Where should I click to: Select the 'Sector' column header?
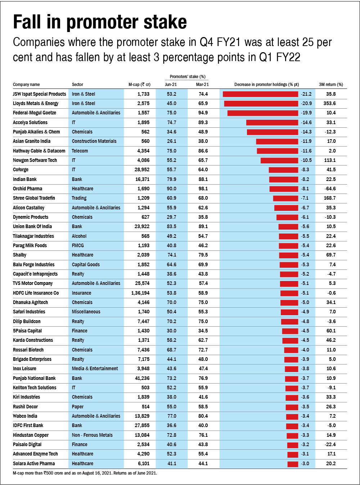coord(77,85)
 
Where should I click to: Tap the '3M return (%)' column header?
coord(331,85)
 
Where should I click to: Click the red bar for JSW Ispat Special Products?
coord(260,94)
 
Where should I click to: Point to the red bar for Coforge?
coord(283,170)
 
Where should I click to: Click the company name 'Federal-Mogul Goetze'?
coord(35,113)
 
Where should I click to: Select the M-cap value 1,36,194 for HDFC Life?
coord(140,293)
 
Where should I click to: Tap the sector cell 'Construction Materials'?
coord(94,141)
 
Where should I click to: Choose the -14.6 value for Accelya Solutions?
coord(306,122)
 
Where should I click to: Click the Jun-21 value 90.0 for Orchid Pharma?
coord(171,189)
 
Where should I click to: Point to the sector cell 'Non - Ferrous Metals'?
coord(92,435)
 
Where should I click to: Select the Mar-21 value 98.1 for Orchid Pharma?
coord(203,189)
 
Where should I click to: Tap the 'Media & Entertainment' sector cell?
coord(95,368)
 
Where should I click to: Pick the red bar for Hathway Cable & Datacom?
coord(278,151)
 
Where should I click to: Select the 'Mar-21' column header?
coord(202,85)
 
